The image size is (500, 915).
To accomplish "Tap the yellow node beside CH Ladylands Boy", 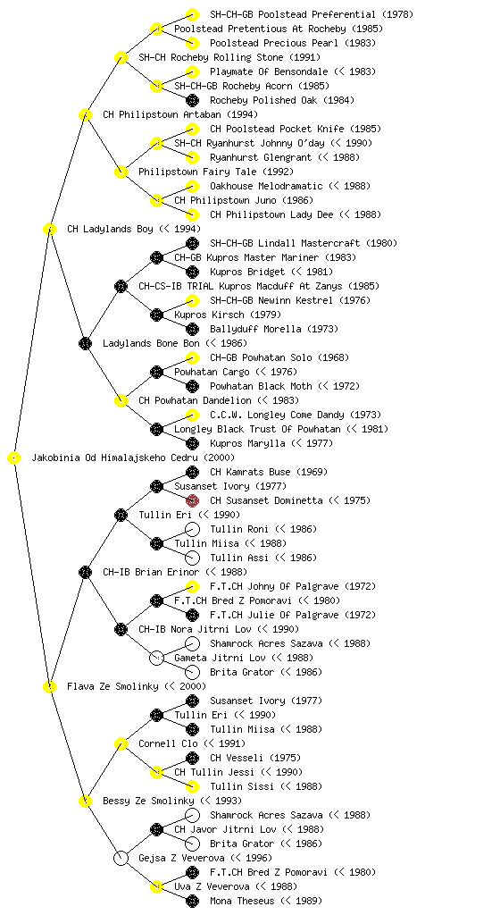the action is point(49,229).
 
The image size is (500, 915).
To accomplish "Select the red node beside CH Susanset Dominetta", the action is point(192,500).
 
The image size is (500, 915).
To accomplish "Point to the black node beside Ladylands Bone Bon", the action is point(85,343).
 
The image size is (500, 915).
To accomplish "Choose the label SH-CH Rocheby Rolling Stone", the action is point(211,57).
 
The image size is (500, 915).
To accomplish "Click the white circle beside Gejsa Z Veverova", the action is point(121,858).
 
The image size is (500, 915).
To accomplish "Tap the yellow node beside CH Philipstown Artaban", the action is point(85,114).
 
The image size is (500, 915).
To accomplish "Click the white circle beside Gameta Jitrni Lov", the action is point(156,658).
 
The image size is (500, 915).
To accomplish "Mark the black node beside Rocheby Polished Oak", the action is point(192,100).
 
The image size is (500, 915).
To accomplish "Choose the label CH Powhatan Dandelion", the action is point(195,400).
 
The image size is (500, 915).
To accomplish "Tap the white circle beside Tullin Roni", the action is point(192,529).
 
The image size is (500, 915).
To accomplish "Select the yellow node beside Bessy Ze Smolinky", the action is point(85,801).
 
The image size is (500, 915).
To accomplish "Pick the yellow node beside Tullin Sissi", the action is point(192,786).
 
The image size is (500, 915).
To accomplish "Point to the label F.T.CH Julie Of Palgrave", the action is point(274,615).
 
